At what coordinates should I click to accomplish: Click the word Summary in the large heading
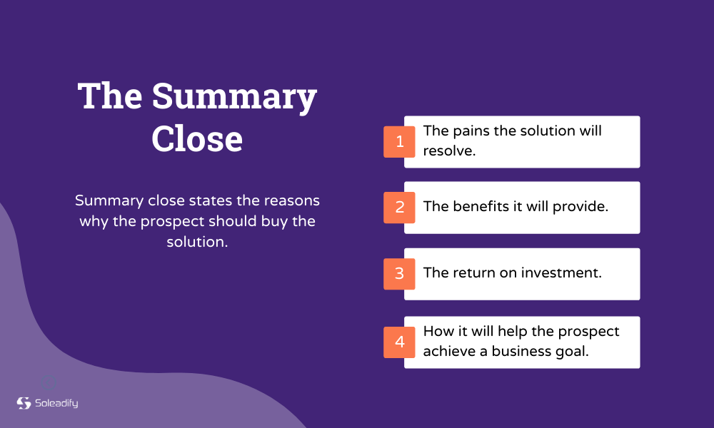point(233,96)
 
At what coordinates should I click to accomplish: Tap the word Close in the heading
point(197,138)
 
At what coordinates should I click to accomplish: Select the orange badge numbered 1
point(399,142)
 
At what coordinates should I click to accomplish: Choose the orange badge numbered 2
point(399,208)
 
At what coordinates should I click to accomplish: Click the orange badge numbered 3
point(399,274)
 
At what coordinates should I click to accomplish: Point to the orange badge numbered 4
point(399,342)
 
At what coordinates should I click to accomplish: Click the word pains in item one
point(468,131)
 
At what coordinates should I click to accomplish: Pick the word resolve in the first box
point(448,151)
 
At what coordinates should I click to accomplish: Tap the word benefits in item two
point(481,207)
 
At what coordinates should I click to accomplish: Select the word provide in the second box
point(583,207)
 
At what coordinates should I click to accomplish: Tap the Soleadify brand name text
point(56,404)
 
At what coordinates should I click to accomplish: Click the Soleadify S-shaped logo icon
point(24,403)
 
